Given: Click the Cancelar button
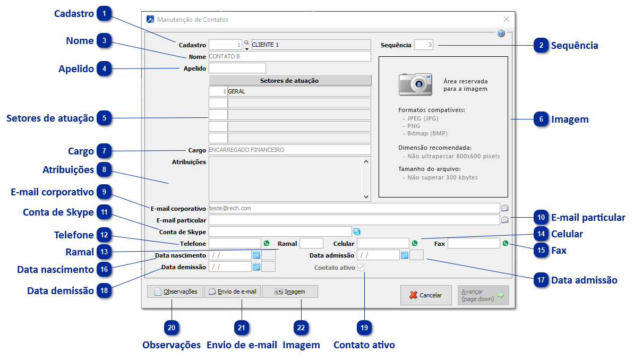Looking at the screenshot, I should click(x=426, y=295).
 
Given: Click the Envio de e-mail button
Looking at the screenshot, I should click(x=233, y=292).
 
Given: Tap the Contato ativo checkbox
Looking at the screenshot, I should click(x=361, y=268).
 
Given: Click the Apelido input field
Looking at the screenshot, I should click(x=237, y=68).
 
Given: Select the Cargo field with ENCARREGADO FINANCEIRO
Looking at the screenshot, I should click(x=289, y=150).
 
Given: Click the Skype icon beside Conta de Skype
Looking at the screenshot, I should click(x=357, y=232).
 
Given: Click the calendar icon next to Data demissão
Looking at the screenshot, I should click(x=256, y=267).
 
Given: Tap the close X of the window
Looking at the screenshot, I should click(x=506, y=19).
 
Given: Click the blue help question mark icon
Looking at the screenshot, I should click(x=501, y=33).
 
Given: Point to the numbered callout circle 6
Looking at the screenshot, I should click(x=541, y=119).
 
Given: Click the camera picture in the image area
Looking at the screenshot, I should click(x=416, y=83).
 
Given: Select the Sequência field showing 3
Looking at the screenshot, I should click(x=424, y=45).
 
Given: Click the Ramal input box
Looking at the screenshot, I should click(x=311, y=243).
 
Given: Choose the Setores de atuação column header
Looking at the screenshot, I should click(x=289, y=80).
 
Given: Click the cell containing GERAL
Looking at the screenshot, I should click(x=299, y=91).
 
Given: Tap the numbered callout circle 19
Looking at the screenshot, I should click(x=364, y=328).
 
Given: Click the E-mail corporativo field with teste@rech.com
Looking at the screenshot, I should click(x=354, y=208).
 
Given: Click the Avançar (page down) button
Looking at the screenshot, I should click(x=483, y=295).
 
